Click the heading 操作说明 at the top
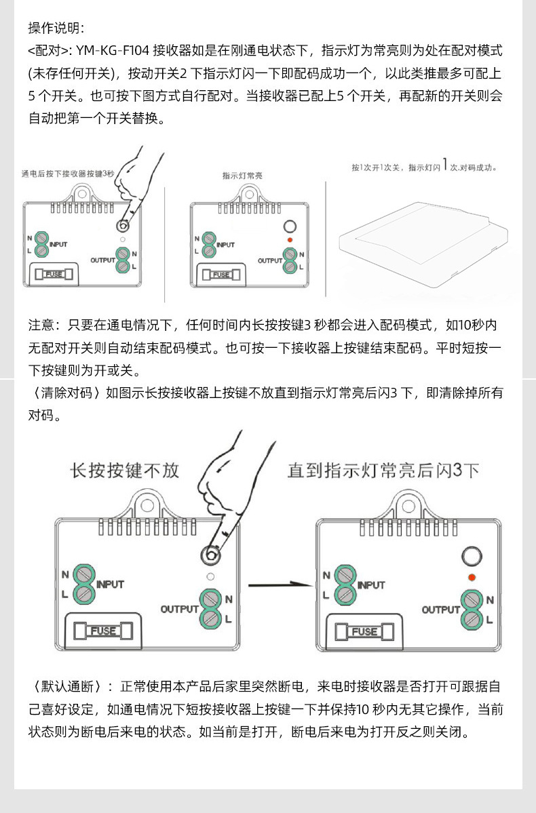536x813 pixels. click(x=56, y=28)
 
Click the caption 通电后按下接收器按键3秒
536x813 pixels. click(x=68, y=174)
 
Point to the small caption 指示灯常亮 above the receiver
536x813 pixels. click(x=242, y=176)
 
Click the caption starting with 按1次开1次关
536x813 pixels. click(x=424, y=167)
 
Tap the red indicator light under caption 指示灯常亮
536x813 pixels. click(x=290, y=241)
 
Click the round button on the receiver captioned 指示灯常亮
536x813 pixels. click(x=290, y=226)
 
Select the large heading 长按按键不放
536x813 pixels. click(x=125, y=470)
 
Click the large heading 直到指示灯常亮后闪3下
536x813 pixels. click(x=383, y=470)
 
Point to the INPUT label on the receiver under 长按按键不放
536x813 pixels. click(x=111, y=584)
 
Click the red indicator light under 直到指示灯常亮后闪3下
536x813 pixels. click(x=471, y=577)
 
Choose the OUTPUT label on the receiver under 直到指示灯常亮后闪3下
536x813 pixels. click(x=440, y=610)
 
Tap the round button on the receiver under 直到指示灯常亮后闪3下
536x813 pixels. click(x=470, y=557)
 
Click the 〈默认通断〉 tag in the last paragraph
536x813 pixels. click(x=65, y=686)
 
